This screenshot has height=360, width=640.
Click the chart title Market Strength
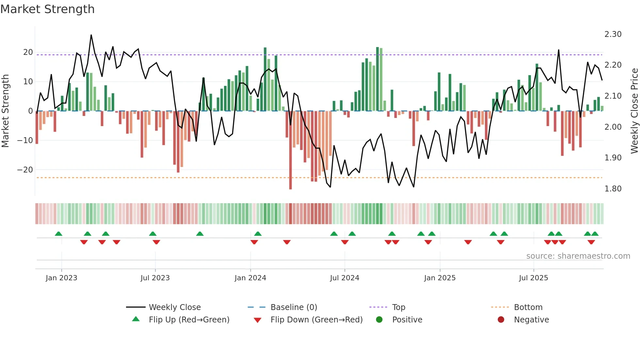pyautogui.click(x=47, y=9)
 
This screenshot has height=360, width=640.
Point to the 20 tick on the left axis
pyautogui.click(x=28, y=52)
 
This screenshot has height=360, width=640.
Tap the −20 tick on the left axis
pyautogui.click(x=25, y=170)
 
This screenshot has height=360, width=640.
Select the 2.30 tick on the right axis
pyautogui.click(x=613, y=34)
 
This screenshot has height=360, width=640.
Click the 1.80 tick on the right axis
pyautogui.click(x=613, y=189)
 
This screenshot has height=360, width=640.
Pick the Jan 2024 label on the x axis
pyautogui.click(x=250, y=278)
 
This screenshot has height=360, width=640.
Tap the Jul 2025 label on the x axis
pyautogui.click(x=533, y=278)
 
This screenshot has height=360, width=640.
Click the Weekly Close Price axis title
pyautogui.click(x=634, y=111)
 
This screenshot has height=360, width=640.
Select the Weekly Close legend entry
pyautogui.click(x=175, y=307)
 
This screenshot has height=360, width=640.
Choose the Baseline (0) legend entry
pyautogui.click(x=294, y=307)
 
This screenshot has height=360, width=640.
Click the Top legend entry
pyautogui.click(x=398, y=307)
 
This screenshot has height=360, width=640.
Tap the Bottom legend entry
pyautogui.click(x=528, y=307)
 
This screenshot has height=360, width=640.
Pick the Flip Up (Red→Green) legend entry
pyautogui.click(x=189, y=320)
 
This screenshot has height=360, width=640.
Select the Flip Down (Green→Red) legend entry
pyautogui.click(x=316, y=320)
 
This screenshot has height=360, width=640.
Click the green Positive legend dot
pyautogui.click(x=379, y=319)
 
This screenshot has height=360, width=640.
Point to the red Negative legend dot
pyautogui.click(x=501, y=319)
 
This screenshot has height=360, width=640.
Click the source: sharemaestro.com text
pyautogui.click(x=578, y=256)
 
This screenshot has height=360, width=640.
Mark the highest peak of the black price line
pyautogui.click(x=91, y=35)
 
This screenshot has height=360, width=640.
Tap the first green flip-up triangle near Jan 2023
pyautogui.click(x=58, y=234)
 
